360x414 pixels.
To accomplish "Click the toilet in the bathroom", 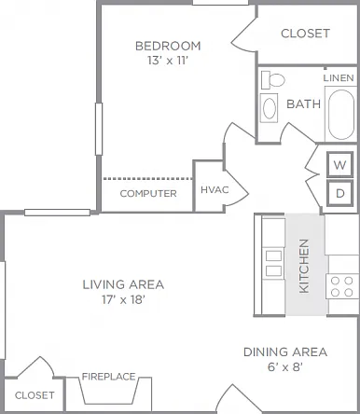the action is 272,80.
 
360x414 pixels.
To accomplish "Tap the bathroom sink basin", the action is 269,107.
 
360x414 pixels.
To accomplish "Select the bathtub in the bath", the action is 341,115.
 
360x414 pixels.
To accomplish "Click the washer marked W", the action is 339,164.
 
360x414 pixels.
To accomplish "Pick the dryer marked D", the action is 339,193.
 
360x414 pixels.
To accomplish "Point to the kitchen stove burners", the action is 342,286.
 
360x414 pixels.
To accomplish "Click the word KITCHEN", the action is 304,266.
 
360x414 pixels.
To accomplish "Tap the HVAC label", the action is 215,189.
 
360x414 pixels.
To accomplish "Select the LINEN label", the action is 339,77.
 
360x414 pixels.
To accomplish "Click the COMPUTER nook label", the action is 148,194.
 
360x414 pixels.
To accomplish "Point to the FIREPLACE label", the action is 108,377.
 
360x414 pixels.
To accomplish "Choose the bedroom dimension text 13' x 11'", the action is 168,61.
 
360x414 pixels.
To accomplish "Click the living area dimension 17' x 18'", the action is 123,299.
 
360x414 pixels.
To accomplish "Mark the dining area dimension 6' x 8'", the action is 285,367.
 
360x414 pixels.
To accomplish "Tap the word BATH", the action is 303,103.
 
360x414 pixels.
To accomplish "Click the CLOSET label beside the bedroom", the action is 305,34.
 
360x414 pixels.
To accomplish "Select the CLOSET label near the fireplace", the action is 35,395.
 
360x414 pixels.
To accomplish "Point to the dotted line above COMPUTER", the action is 148,179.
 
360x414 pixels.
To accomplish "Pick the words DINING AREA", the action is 285,352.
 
